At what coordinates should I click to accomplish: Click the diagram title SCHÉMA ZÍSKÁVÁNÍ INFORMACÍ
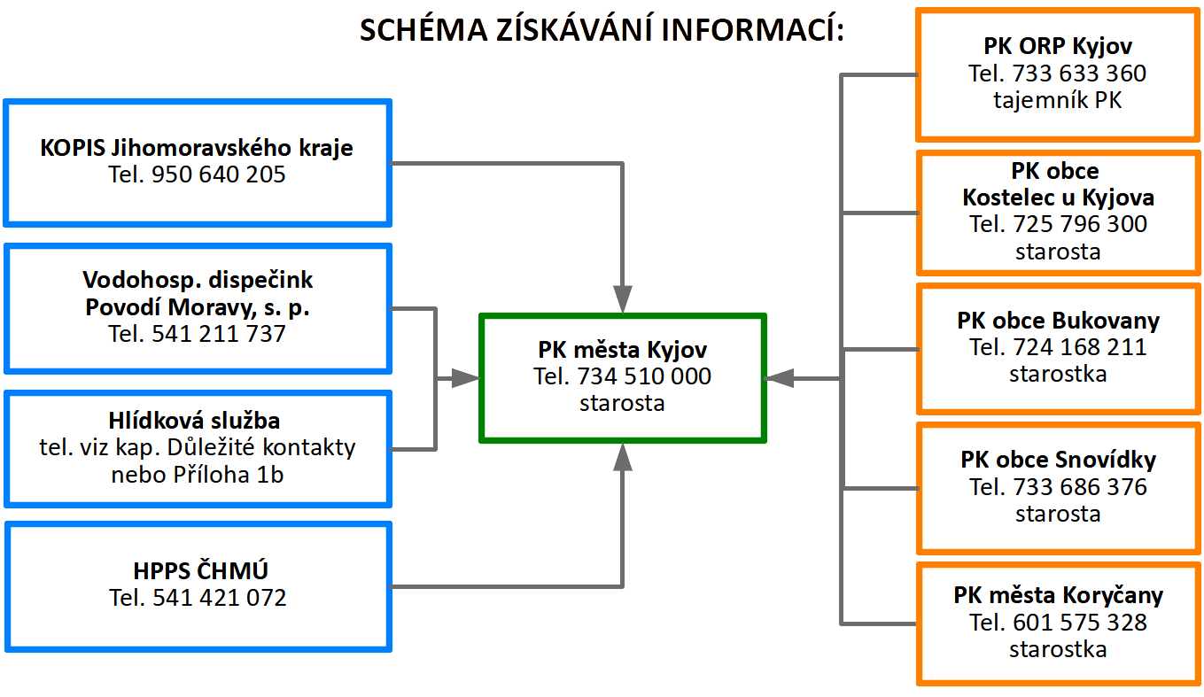(x=602, y=29)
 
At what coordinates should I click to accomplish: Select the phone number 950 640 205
(x=218, y=174)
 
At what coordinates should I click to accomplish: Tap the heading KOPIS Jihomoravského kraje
(x=197, y=148)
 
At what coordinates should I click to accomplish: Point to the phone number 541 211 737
(x=218, y=334)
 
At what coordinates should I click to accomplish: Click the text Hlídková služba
(x=194, y=421)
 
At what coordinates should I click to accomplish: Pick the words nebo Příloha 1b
(x=198, y=475)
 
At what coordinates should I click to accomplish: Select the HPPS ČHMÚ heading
(x=200, y=570)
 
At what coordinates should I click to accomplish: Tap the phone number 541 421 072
(x=220, y=598)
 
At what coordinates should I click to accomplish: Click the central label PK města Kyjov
(x=623, y=350)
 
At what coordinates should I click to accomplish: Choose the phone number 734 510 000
(x=644, y=376)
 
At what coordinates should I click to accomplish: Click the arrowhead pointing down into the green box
(x=623, y=298)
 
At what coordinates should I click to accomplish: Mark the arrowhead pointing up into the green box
(x=623, y=457)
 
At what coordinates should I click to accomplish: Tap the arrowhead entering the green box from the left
(x=465, y=378)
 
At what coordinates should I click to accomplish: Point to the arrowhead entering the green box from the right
(x=780, y=378)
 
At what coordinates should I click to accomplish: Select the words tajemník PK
(x=1057, y=100)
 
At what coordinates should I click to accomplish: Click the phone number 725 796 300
(x=1080, y=224)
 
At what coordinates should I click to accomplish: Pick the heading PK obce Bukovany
(x=1058, y=321)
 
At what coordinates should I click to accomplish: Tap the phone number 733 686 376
(x=1080, y=487)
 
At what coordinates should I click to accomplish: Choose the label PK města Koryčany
(x=1058, y=595)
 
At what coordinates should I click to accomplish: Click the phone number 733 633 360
(x=1079, y=74)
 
